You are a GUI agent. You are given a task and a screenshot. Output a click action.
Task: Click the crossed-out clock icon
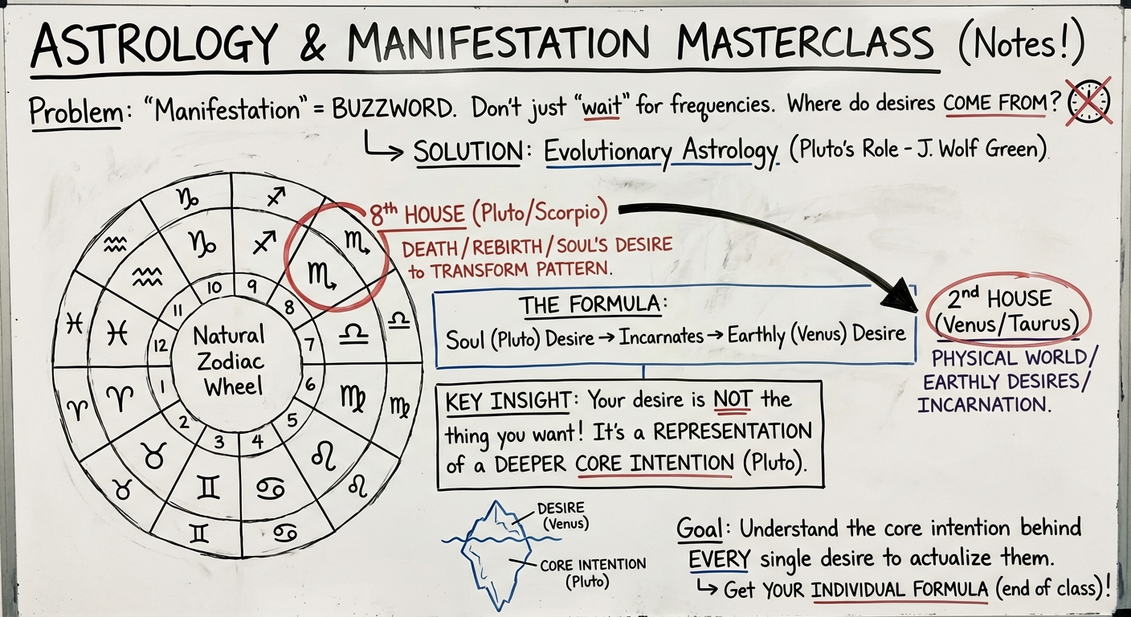click(1089, 102)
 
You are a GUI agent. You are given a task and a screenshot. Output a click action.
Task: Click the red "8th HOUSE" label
click(416, 215)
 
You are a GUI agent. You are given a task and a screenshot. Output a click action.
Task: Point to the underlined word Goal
click(702, 529)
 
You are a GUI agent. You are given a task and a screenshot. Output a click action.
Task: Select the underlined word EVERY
click(719, 558)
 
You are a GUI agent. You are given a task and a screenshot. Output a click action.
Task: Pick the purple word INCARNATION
click(983, 404)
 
